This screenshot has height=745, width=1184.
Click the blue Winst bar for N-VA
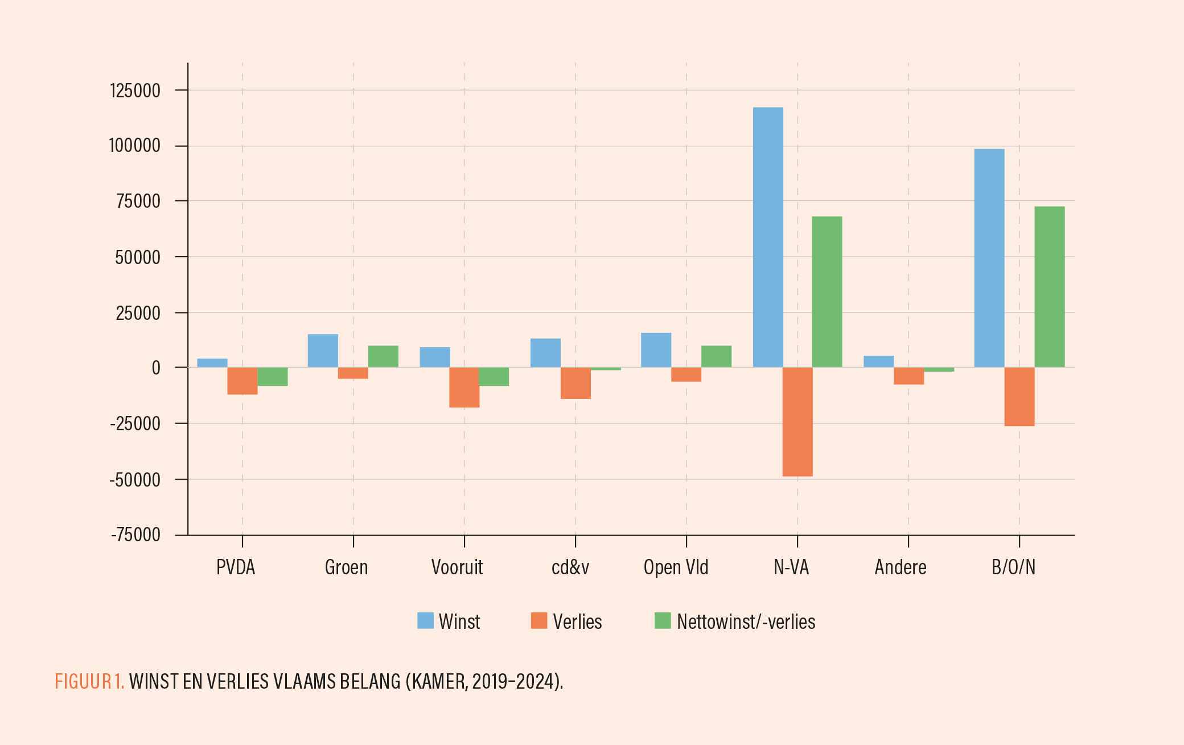point(768,237)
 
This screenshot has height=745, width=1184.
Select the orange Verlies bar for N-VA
point(797,422)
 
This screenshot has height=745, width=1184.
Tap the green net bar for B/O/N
point(1049,287)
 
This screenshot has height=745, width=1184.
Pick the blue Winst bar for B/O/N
point(989,258)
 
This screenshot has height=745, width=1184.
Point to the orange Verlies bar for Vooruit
point(464,388)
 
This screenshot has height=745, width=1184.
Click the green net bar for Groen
point(383,356)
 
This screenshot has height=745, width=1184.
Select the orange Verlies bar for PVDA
point(242,381)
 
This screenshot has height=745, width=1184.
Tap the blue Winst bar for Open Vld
point(656,350)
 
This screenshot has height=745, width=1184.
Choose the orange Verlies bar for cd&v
point(575,383)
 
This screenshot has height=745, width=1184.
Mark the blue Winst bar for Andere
point(878,361)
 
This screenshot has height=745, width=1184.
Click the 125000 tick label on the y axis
point(135,90)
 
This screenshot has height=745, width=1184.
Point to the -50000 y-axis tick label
point(135,480)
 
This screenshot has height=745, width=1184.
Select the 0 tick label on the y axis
point(156,368)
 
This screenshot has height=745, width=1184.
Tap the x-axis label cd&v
point(570,567)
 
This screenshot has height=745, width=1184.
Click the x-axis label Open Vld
point(676,567)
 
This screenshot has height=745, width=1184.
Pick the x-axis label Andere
point(901,567)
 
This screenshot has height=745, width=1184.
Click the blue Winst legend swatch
point(425,621)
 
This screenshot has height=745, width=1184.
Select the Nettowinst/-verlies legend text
point(746,621)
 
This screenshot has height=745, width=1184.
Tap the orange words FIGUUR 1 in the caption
point(89,681)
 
